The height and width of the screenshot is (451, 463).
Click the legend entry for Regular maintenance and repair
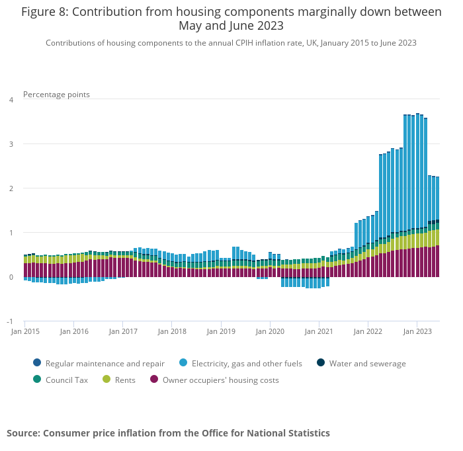pyautogui.click(x=105, y=363)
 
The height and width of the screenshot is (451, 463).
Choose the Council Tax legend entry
pyautogui.click(x=66, y=380)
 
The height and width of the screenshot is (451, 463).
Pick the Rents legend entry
pyautogui.click(x=125, y=380)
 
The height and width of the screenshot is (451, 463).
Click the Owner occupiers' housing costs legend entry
pyautogui.click(x=220, y=380)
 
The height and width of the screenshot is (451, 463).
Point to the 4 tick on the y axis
pyautogui.click(x=11, y=100)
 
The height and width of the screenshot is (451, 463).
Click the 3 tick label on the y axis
pyautogui.click(x=11, y=144)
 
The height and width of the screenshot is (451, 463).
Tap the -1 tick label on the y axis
pyautogui.click(x=10, y=321)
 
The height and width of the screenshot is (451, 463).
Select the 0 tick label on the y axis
pyautogui.click(x=11, y=277)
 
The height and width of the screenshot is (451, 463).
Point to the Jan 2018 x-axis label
pyautogui.click(x=171, y=331)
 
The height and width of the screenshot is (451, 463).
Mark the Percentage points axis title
pyautogui.click(x=56, y=94)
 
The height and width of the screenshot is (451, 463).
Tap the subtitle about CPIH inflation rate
pyautogui.click(x=231, y=42)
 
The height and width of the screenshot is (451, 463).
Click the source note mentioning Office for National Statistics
pyautogui.click(x=168, y=433)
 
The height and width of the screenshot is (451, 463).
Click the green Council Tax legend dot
pyautogui.click(x=37, y=380)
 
